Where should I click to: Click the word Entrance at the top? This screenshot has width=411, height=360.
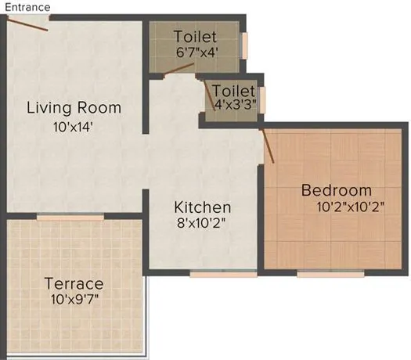point(26,7)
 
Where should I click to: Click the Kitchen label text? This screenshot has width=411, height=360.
point(202,207)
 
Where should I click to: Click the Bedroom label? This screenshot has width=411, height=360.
point(337,190)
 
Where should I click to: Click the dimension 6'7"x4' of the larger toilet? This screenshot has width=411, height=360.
point(196,53)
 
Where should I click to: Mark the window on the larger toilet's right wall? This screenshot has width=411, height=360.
point(245,44)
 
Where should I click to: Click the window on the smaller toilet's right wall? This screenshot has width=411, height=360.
point(262,97)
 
